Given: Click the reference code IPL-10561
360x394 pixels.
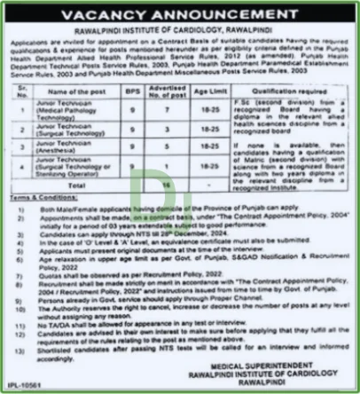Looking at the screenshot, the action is tap(27, 386).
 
